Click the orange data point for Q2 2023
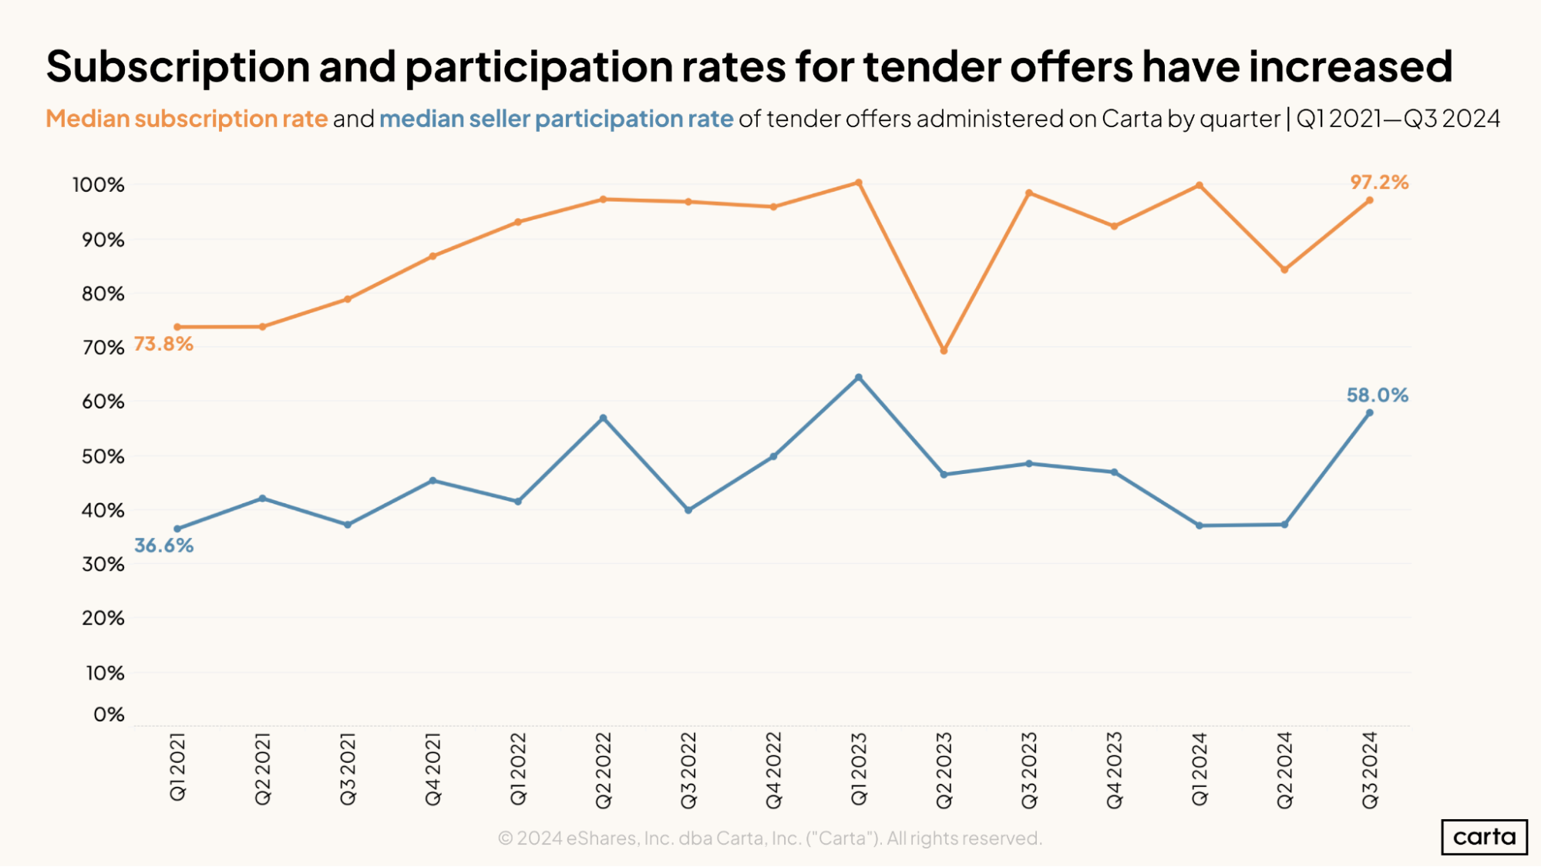tap(944, 351)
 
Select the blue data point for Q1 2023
tap(859, 378)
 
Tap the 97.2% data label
tap(1379, 183)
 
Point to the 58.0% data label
tap(1378, 395)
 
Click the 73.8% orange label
tap(163, 344)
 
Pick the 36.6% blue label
tap(163, 546)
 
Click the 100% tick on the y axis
tap(99, 185)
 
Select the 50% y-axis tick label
tap(103, 456)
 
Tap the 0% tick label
tap(109, 714)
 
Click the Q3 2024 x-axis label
tap(1370, 770)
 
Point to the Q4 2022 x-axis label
tap(774, 770)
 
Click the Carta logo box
tap(1484, 837)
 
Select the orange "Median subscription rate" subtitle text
tap(187, 119)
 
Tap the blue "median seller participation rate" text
tap(556, 119)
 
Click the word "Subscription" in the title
tap(178, 67)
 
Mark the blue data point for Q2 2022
tap(604, 418)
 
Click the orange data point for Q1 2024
tap(1199, 186)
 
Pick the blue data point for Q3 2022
tap(688, 510)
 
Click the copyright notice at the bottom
tap(770, 838)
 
